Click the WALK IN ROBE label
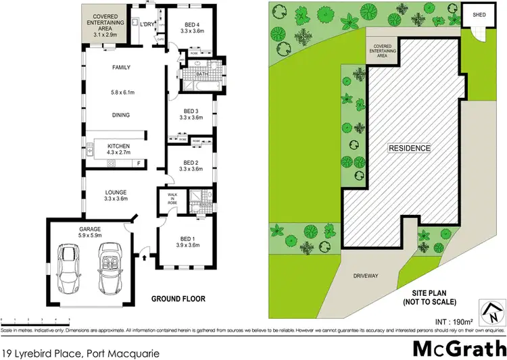pyautogui.click(x=171, y=199)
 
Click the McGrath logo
pyautogui.click(x=459, y=349)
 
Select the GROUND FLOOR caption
pyautogui.click(x=178, y=299)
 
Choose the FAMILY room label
pyautogui.click(x=121, y=68)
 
